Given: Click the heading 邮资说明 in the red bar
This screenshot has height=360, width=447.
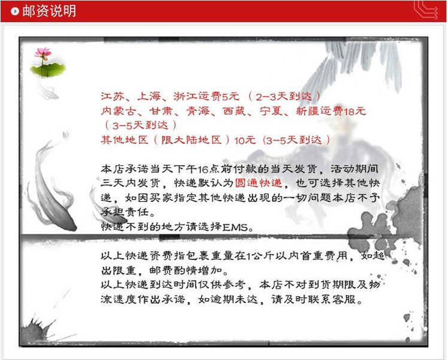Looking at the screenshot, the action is (49, 11).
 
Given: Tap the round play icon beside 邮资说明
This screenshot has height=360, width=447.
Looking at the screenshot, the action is (15, 11).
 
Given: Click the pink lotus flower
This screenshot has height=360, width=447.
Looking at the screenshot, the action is (42, 54).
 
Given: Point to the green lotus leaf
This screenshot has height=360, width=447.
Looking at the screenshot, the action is (48, 69).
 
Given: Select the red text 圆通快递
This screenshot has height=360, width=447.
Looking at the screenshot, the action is (259, 183).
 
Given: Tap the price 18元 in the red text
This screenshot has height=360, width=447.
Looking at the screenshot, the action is (354, 111).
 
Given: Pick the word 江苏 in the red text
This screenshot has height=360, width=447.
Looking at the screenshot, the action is (112, 96).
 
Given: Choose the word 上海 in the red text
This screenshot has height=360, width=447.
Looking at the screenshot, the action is (149, 96).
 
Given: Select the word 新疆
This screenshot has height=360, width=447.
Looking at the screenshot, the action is (307, 111).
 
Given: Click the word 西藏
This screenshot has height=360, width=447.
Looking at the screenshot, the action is (234, 111).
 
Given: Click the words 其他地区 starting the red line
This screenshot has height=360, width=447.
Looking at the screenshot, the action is (124, 140).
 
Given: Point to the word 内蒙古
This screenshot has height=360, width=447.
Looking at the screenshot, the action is (118, 111).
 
